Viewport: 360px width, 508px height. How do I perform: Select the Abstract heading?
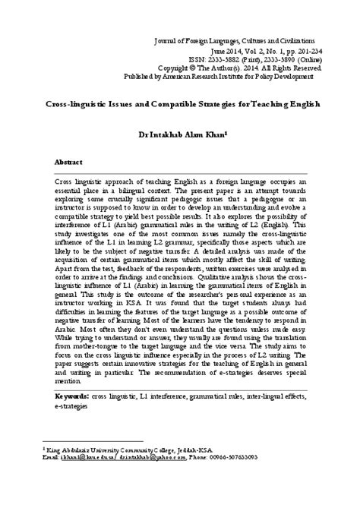coord(69,162)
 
